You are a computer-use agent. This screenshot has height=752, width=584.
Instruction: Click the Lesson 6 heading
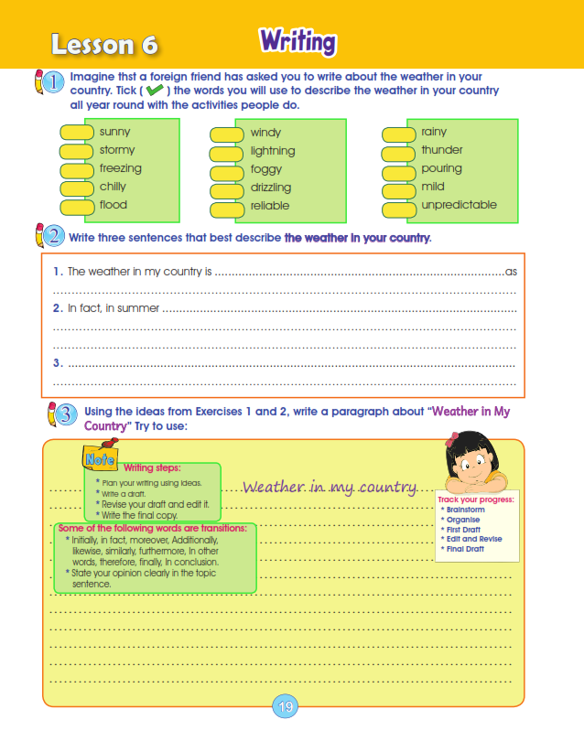pos(105,44)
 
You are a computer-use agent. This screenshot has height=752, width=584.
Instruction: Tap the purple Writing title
pos(297,41)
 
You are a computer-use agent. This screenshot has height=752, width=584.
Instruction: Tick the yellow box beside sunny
pos(78,133)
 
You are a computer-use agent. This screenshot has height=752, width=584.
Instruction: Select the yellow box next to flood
pos(78,206)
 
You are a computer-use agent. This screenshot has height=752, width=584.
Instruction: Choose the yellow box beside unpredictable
pos(399,208)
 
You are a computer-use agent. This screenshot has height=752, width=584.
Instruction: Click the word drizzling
pos(271,188)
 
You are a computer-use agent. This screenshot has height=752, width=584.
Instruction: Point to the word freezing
pos(121,168)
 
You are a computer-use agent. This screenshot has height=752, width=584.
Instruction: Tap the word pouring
pos(441,168)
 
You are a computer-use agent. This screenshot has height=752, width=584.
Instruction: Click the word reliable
pos(269,206)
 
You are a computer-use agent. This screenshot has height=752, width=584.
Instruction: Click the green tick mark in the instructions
pos(155,91)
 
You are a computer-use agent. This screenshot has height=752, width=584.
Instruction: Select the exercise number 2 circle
pos(53,237)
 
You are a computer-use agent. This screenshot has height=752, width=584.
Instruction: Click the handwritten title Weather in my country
pos(330,487)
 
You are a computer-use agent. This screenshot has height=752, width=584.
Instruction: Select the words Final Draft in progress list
pos(464,549)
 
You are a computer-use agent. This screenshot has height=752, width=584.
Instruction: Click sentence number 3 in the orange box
pos(57,363)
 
